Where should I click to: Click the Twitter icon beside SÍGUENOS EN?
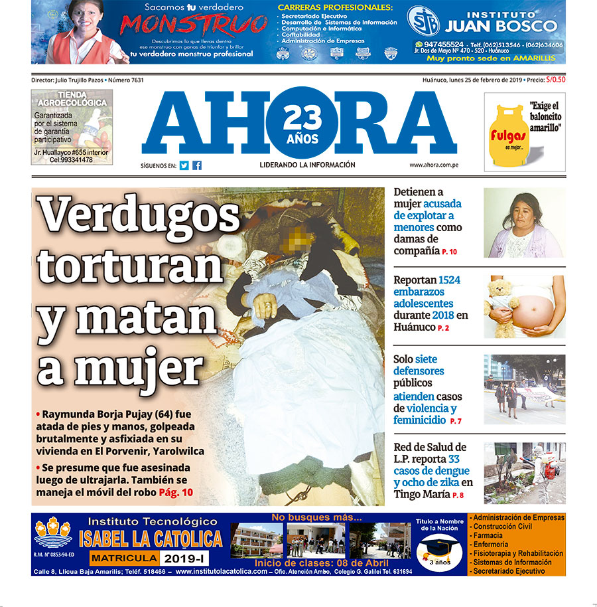(x=184, y=165)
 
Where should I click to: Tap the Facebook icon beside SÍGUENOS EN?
(x=197, y=165)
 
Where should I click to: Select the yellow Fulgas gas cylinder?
(x=509, y=133)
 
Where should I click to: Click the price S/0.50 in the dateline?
(x=555, y=80)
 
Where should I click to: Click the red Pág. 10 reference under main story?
(x=176, y=492)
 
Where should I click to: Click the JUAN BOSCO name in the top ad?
(x=501, y=26)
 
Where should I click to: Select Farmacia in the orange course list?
(x=488, y=535)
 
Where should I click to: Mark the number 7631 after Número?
(x=135, y=80)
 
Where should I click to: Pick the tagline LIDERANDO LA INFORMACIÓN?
(x=307, y=165)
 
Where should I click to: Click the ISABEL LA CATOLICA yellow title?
(x=150, y=538)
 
